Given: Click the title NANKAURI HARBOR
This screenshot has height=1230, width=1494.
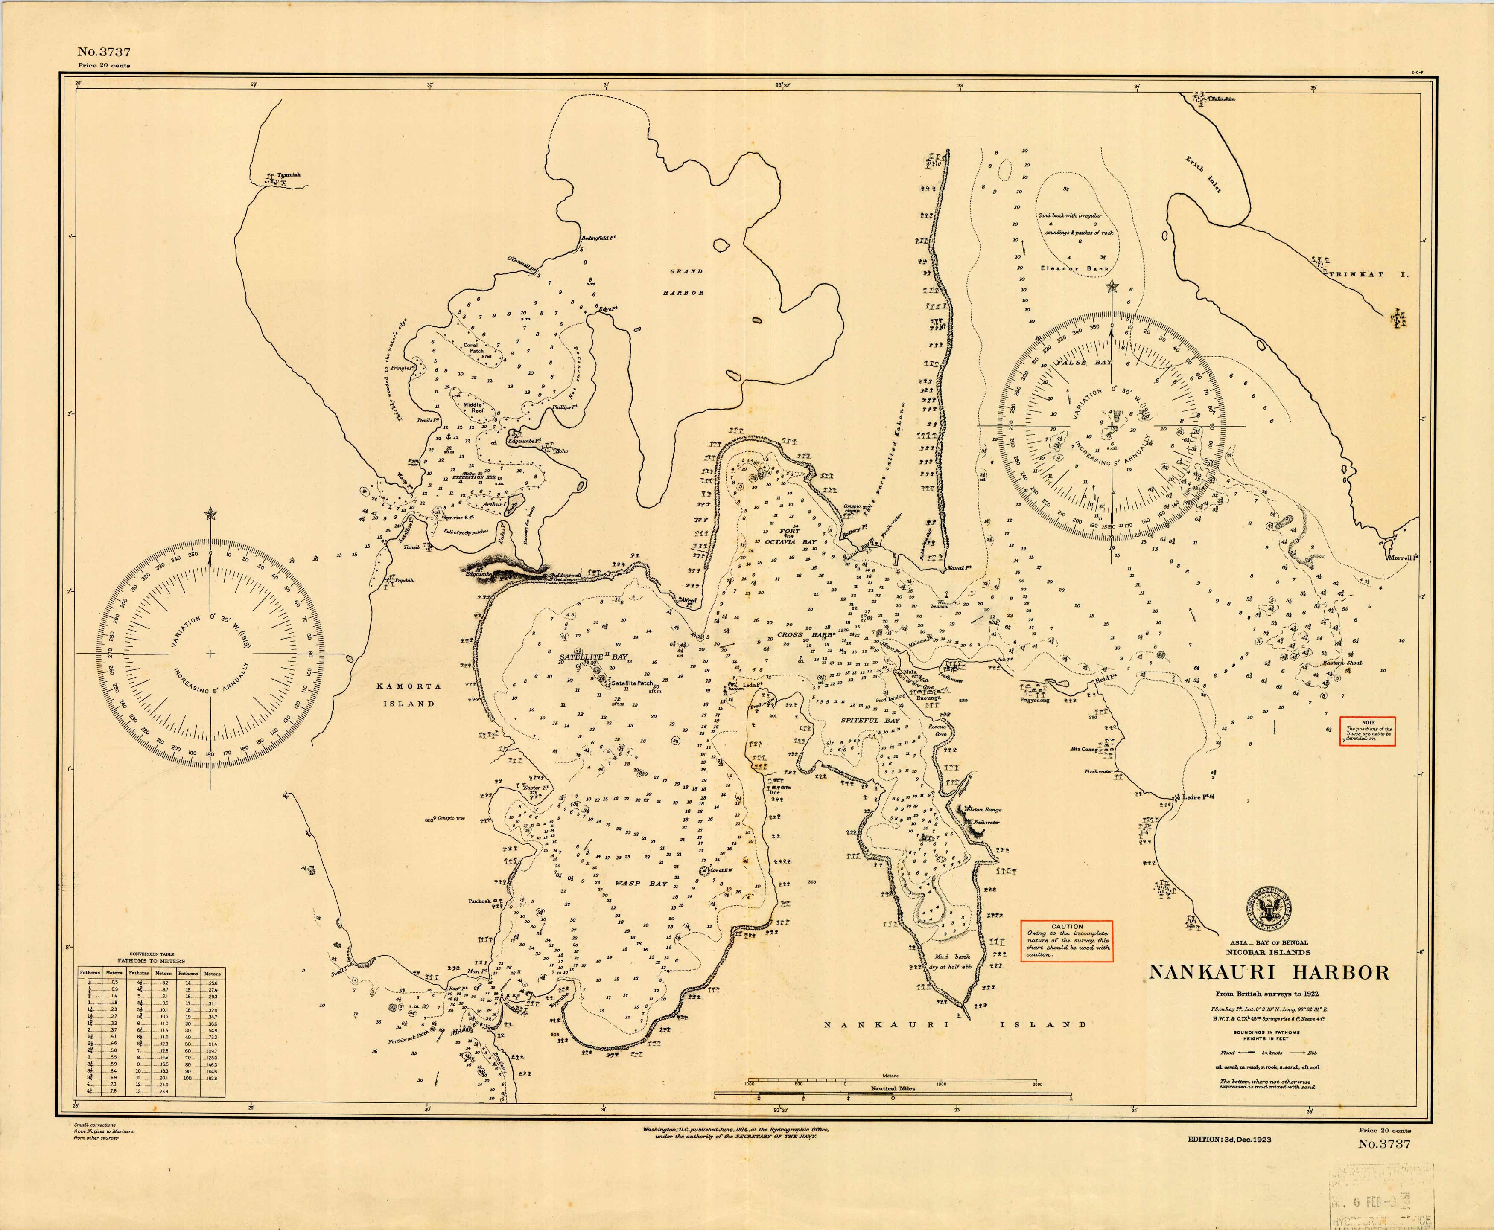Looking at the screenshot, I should [x=1269, y=972].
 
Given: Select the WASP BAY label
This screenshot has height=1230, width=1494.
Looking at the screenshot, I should [x=631, y=884].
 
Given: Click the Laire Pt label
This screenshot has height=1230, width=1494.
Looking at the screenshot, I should [x=1197, y=797].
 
